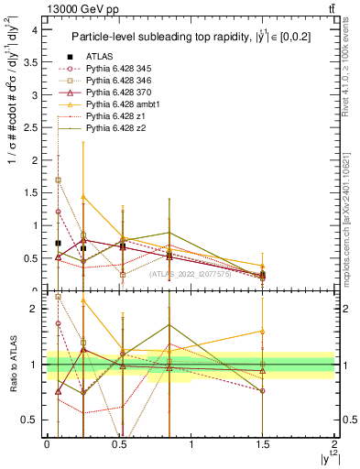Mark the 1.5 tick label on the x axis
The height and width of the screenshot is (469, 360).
coord(263,443)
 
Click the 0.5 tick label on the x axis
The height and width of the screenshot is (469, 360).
coord(119,443)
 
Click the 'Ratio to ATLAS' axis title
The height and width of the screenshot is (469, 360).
coord(11,365)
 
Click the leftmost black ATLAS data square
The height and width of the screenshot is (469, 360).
coord(59,243)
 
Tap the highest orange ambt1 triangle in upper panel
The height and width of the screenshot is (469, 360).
coord(83,197)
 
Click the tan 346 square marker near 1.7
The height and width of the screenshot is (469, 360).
coord(59,180)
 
